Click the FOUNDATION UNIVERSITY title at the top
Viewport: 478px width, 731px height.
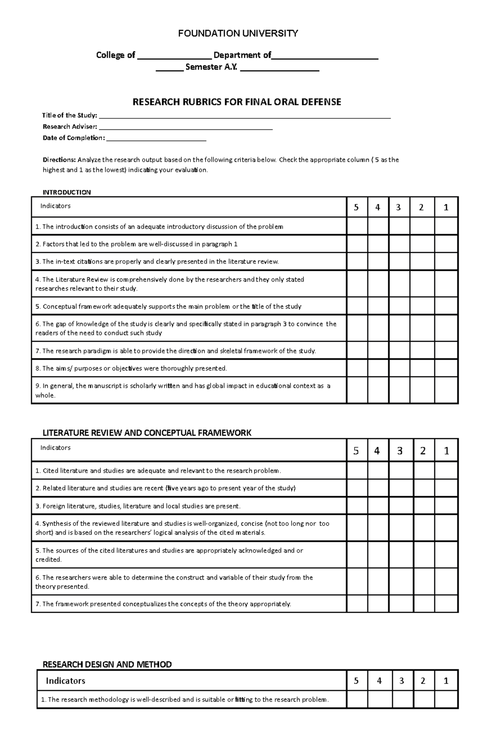pyautogui.click(x=238, y=33)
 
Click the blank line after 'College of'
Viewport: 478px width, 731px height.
pyautogui.click(x=174, y=56)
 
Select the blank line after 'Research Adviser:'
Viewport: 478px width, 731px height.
pyautogui.click(x=185, y=127)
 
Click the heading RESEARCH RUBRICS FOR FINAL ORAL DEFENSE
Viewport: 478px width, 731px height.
pyautogui.click(x=237, y=102)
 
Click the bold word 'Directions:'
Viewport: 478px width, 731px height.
pyautogui.click(x=59, y=160)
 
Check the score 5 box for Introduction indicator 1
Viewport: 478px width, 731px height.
pyautogui.click(x=357, y=226)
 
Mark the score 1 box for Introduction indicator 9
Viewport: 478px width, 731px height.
pyautogui.click(x=446, y=390)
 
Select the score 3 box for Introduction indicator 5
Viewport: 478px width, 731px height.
pyautogui.click(x=399, y=306)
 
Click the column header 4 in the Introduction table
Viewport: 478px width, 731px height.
pyautogui.click(x=378, y=207)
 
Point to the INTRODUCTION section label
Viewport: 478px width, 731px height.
pyautogui.click(x=67, y=192)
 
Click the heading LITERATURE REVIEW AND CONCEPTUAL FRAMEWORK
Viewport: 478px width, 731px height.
pyautogui.click(x=147, y=433)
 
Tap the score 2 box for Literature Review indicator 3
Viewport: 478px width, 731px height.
pyautogui.click(x=423, y=506)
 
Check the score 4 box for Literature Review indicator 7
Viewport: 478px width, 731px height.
pyautogui.click(x=378, y=604)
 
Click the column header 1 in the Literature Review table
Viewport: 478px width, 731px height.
pyautogui.click(x=446, y=451)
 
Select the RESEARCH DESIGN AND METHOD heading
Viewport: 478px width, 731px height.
pyautogui.click(x=107, y=664)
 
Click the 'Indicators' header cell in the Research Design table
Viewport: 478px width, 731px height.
pyautogui.click(x=65, y=681)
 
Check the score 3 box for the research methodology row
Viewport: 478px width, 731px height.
pyautogui.click(x=402, y=700)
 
